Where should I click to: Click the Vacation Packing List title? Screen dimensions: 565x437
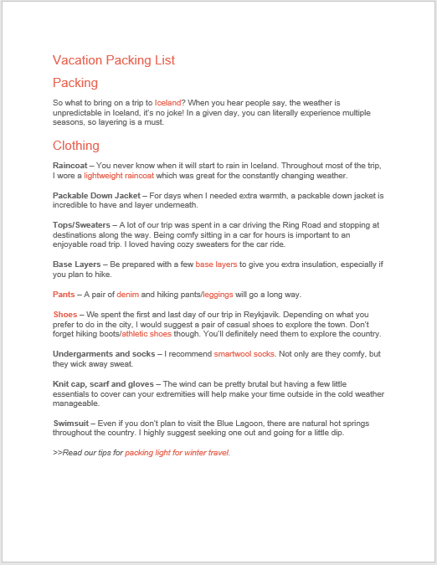pos(113,60)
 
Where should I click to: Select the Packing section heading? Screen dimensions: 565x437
pos(75,83)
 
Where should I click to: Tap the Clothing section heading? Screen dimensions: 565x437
pos(76,146)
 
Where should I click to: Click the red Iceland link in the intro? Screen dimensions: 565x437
pos(167,102)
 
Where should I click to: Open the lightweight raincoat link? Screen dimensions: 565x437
pos(119,176)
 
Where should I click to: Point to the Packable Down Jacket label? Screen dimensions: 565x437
pos(96,195)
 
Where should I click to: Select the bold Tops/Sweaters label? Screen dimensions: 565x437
pos(81,224)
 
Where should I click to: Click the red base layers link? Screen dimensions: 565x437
pos(216,265)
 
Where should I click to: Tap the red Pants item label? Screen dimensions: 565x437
pos(64,295)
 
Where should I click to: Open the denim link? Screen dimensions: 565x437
pos(127,295)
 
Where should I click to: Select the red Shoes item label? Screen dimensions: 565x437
pos(65,314)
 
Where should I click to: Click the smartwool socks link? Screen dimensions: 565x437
pos(244,354)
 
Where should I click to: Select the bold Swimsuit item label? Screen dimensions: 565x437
pos(70,423)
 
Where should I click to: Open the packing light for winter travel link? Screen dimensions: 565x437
pos(177,452)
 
